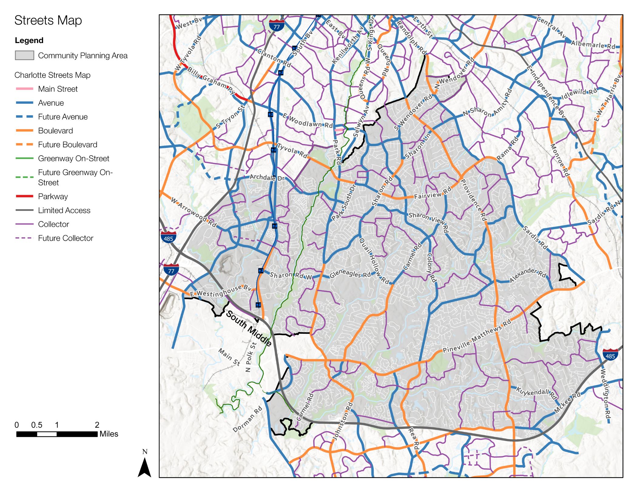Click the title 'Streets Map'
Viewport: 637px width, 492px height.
point(48,21)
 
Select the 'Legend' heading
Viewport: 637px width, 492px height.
point(29,40)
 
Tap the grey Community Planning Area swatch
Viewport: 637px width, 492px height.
point(24,55)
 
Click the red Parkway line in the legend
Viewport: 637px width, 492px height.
point(24,196)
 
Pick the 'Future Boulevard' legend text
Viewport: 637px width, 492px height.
point(67,145)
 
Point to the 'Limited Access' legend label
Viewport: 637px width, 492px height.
point(64,210)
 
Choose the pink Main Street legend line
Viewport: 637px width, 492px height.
point(24,89)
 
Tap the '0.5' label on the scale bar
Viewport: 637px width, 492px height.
point(37,425)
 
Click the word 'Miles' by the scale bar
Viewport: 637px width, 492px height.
point(109,434)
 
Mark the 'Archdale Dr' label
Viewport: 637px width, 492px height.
point(267,178)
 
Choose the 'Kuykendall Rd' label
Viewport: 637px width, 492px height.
point(537,393)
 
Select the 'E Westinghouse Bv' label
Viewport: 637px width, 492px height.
point(221,291)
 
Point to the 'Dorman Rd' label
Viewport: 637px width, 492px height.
point(247,420)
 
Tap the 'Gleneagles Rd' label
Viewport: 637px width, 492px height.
point(350,274)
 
